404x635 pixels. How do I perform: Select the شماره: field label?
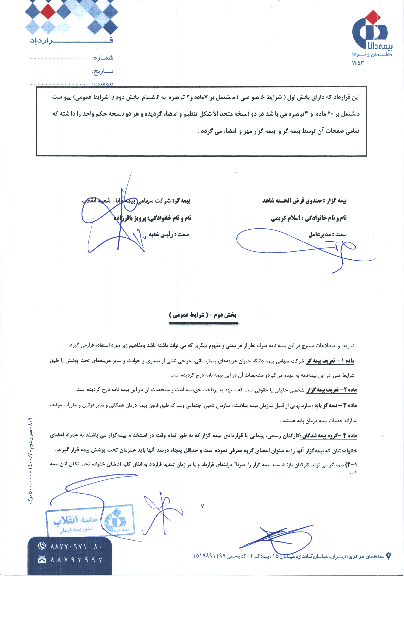click(x=103, y=58)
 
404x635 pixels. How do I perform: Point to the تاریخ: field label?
click(x=103, y=71)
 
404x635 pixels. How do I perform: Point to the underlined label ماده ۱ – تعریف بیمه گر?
click(x=330, y=361)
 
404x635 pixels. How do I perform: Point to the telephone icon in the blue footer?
click(x=42, y=545)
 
